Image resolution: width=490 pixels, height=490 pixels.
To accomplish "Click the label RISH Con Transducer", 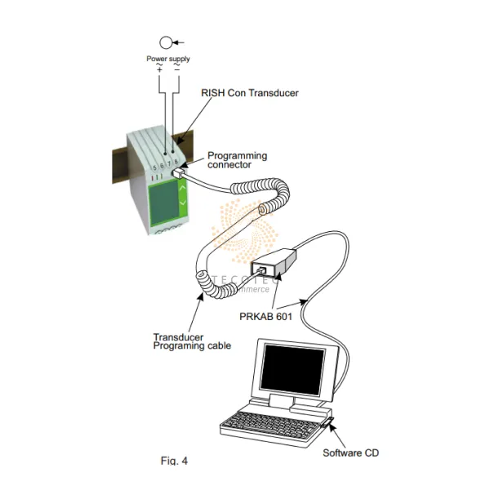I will [250, 93].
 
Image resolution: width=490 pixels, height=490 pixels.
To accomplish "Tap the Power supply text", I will [168, 59].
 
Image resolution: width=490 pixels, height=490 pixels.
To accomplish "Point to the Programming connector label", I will [237, 160].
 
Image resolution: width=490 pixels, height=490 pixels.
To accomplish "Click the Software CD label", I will [351, 452].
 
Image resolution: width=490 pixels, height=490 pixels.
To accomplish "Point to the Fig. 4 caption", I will [173, 461].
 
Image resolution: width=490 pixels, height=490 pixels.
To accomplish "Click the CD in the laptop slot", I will [333, 423].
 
